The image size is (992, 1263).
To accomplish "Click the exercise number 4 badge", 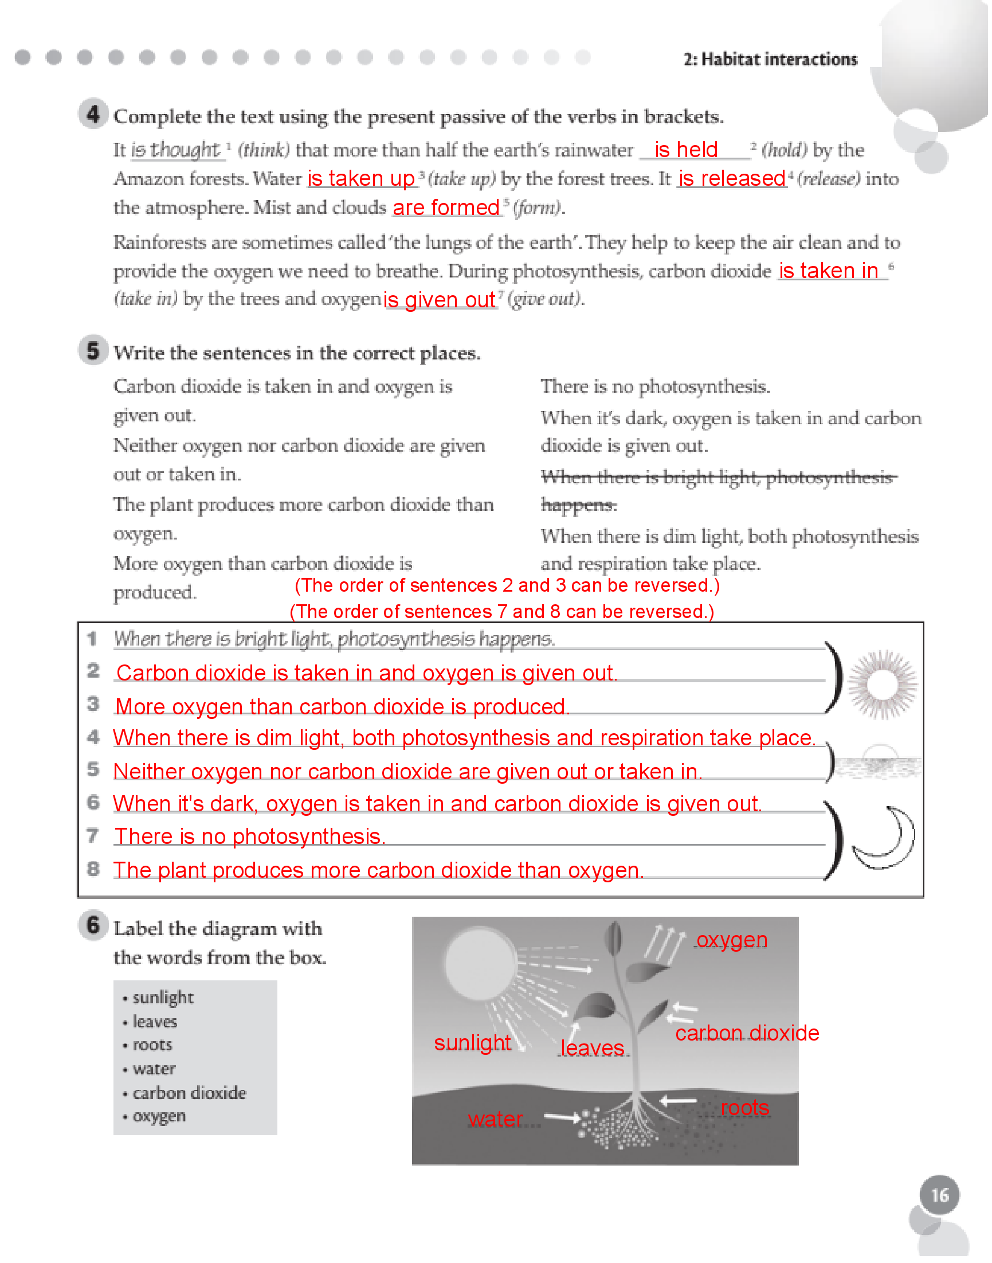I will coord(93,114).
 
